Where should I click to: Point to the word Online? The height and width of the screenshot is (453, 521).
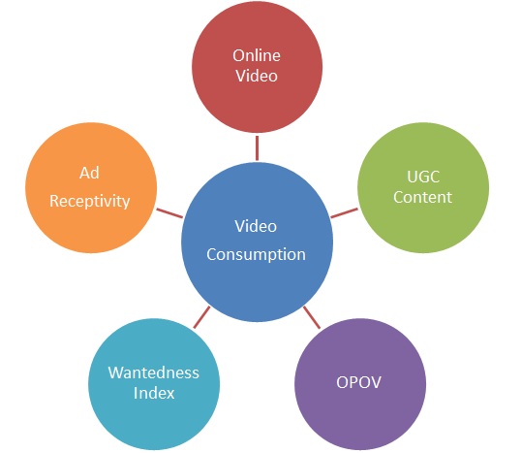click(x=257, y=55)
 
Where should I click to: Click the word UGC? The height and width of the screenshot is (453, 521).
click(x=422, y=177)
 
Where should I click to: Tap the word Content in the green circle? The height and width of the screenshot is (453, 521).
click(x=422, y=197)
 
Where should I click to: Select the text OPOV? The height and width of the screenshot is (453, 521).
click(x=359, y=381)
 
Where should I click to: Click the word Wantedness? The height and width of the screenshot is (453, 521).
click(x=153, y=372)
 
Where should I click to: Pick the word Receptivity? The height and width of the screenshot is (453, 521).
click(x=89, y=201)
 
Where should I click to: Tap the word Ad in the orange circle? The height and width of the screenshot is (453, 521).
click(x=89, y=173)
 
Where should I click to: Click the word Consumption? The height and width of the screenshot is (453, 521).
click(x=256, y=254)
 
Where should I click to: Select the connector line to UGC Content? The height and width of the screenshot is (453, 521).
click(x=343, y=211)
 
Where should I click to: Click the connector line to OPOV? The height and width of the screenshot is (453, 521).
click(x=311, y=316)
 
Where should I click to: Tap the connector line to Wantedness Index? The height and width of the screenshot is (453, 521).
click(x=202, y=317)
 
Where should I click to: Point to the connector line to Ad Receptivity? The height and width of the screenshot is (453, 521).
click(x=169, y=212)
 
